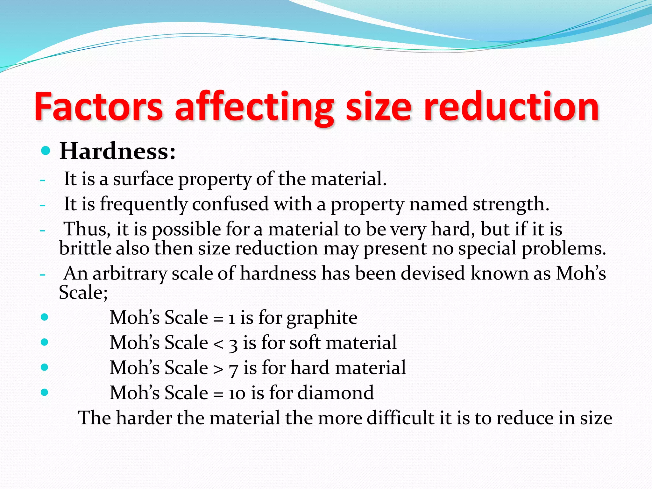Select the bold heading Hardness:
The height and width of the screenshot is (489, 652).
(x=117, y=151)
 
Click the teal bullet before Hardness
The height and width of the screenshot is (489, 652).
(x=46, y=151)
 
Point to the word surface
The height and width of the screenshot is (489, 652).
(x=143, y=179)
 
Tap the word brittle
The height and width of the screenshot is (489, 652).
(x=85, y=248)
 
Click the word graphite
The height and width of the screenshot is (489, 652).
(x=322, y=318)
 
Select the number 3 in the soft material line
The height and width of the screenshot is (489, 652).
(x=233, y=344)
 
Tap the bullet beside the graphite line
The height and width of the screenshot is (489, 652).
(x=45, y=317)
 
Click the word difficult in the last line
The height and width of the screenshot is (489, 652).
(x=400, y=418)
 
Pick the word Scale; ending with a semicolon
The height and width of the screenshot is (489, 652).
(x=83, y=292)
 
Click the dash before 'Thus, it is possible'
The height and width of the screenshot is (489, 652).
(x=43, y=230)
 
